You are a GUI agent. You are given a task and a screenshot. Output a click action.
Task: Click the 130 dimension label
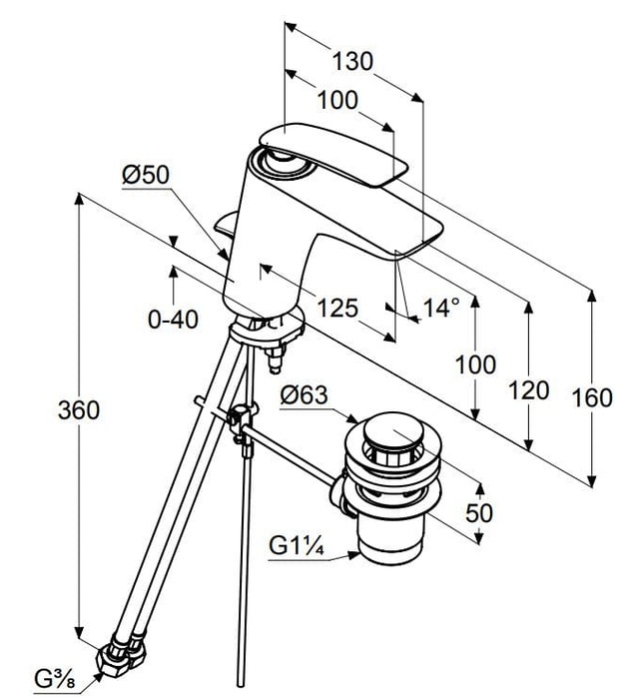click(353, 61)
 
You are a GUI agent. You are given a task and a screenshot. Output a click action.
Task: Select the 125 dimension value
click(337, 308)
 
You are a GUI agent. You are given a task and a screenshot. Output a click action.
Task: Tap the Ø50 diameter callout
click(146, 176)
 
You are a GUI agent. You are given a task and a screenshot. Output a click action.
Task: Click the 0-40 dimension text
click(173, 320)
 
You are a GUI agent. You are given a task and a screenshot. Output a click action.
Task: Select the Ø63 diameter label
click(305, 395)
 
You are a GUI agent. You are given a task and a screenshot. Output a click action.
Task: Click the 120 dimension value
click(529, 389)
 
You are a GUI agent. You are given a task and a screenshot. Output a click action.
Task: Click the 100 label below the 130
click(338, 101)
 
